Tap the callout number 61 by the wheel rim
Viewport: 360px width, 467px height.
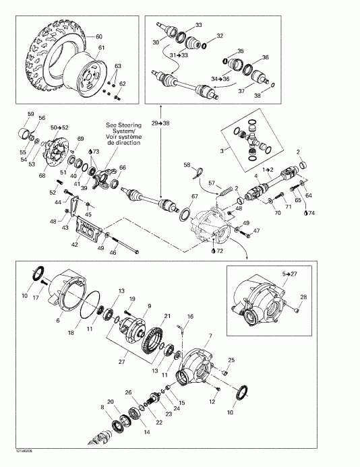click(102, 48)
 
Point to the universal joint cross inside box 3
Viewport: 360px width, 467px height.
click(253, 142)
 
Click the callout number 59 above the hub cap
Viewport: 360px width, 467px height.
click(30, 113)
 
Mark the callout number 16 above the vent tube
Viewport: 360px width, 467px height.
click(190, 316)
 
